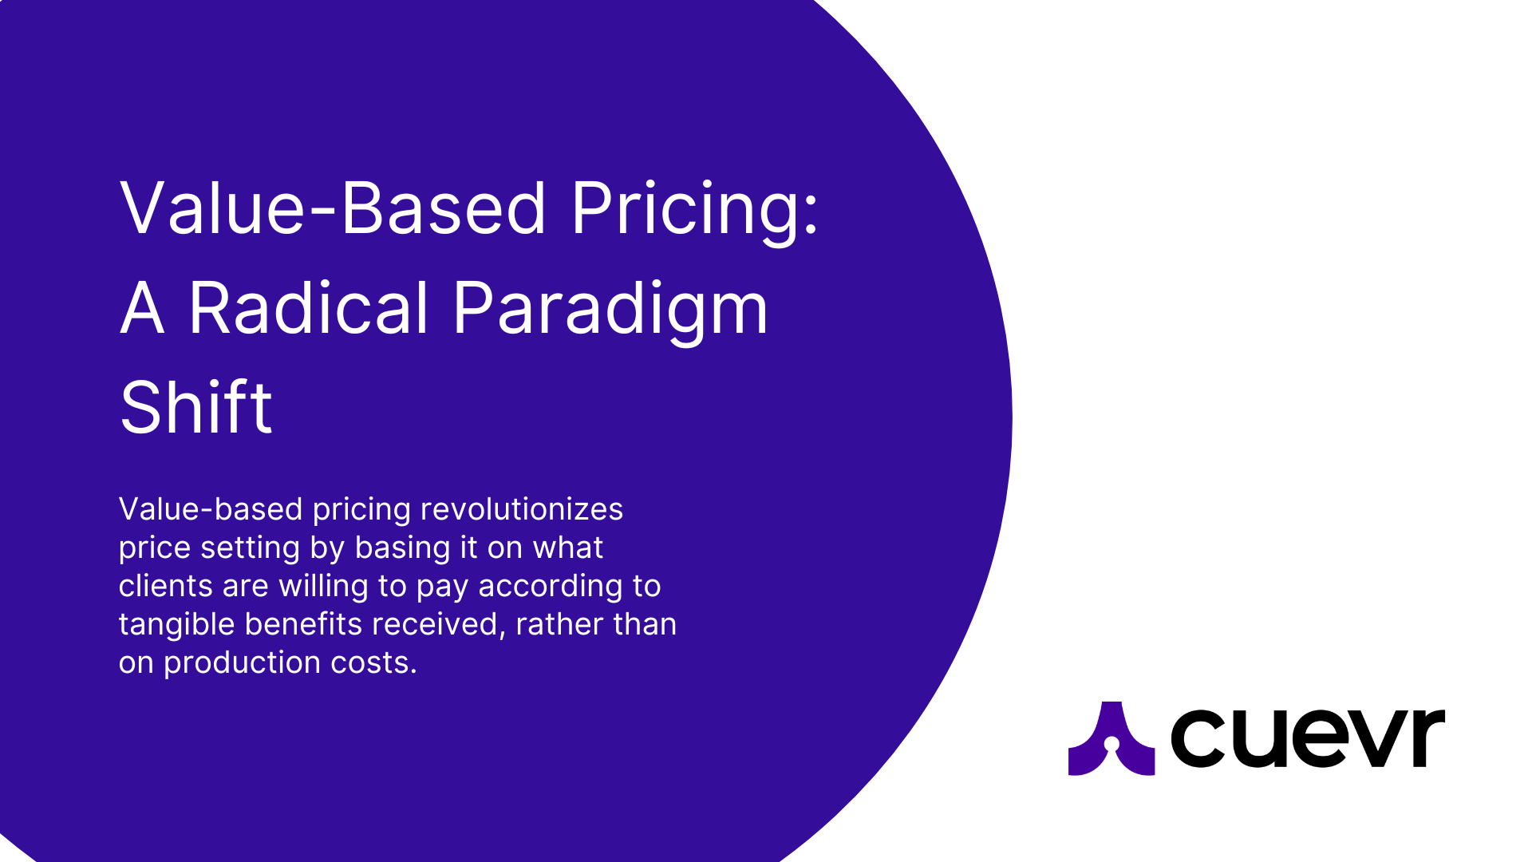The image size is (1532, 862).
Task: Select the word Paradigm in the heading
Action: click(x=610, y=309)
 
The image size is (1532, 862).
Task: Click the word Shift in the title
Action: click(x=196, y=408)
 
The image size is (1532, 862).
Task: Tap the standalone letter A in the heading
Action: click(x=142, y=309)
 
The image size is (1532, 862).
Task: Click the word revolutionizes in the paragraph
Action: click(x=521, y=509)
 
